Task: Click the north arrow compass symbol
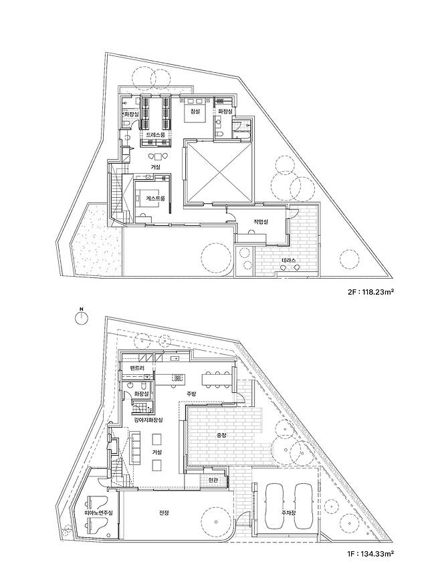click(81, 318)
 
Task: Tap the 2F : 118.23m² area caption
click(368, 292)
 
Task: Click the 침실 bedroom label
click(194, 112)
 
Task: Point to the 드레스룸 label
click(156, 134)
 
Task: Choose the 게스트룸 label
click(156, 198)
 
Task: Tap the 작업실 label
click(260, 222)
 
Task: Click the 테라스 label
click(289, 260)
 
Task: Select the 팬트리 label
click(137, 368)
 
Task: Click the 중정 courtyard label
click(221, 435)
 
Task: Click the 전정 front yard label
click(164, 512)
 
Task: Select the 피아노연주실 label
click(98, 513)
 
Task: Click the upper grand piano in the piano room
click(97, 502)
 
